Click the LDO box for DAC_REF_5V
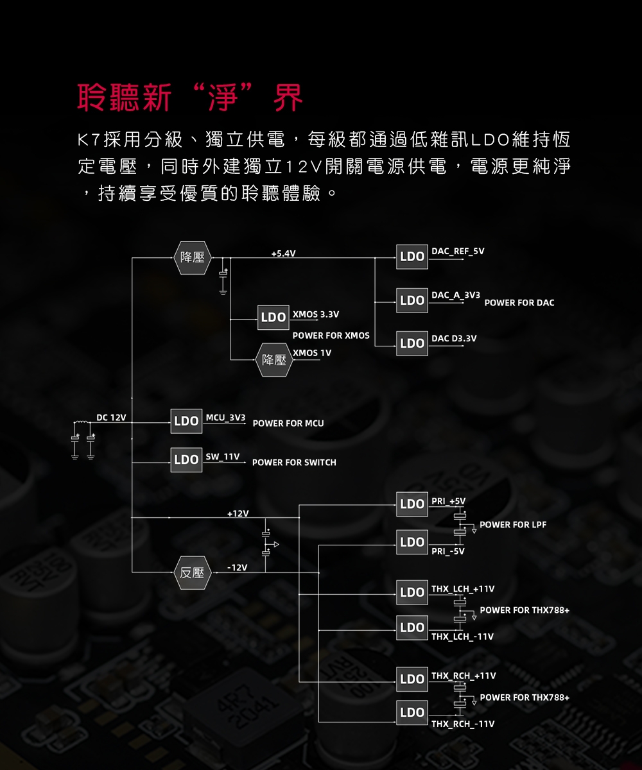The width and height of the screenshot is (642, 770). tap(412, 256)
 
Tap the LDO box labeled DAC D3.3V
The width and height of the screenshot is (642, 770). tap(412, 343)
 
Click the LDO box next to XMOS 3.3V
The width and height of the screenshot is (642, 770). tap(273, 318)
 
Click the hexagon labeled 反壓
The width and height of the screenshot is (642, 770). tap(192, 572)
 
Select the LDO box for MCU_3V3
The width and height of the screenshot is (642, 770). tap(186, 422)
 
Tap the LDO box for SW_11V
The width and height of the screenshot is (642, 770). tap(186, 460)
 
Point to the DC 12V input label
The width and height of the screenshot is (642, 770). tap(111, 418)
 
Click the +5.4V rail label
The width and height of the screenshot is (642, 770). tap(283, 253)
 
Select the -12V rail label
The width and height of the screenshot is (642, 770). tap(237, 568)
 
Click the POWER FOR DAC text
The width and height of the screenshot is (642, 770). tap(519, 303)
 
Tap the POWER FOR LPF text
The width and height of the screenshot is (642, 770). tap(513, 525)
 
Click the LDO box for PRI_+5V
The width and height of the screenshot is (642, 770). tap(412, 504)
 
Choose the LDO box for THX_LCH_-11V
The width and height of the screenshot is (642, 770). tap(412, 628)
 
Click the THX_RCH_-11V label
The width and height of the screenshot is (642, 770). tap(463, 724)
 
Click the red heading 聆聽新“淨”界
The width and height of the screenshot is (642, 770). tap(190, 98)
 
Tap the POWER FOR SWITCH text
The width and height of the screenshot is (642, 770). tap(294, 463)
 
